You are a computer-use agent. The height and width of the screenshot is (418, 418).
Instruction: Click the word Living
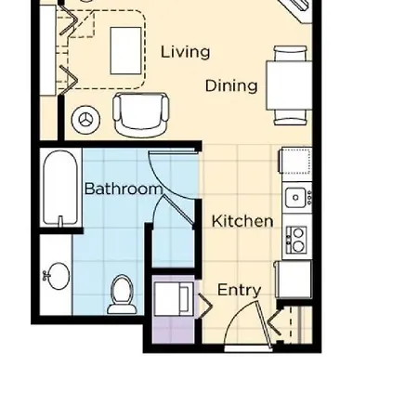[185, 52]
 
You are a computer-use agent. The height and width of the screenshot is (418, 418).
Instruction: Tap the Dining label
[231, 85]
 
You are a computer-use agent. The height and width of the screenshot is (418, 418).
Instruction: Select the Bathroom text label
[124, 189]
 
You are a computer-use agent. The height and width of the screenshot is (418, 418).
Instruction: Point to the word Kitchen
[242, 221]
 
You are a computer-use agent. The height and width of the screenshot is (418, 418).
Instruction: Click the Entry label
[239, 290]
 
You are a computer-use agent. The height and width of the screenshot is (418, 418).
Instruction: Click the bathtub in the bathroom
[60, 188]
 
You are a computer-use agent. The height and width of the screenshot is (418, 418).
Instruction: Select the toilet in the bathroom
[122, 295]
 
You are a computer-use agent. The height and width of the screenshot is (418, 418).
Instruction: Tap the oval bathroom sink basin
[58, 276]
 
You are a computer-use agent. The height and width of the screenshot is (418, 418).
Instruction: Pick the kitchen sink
[297, 197]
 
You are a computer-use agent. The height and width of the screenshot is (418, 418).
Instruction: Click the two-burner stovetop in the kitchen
[296, 240]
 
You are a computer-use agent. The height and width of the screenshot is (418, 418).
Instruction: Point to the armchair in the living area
[141, 115]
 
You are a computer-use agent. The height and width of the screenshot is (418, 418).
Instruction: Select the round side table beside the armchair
[85, 120]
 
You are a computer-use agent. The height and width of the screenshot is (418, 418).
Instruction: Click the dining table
[289, 85]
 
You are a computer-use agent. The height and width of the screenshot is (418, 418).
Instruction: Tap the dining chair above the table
[290, 53]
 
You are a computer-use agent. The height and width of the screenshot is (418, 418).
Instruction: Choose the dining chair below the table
[290, 117]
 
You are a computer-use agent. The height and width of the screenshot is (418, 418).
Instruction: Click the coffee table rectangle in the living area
[125, 51]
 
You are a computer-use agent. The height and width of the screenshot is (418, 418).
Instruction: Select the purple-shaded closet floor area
[173, 330]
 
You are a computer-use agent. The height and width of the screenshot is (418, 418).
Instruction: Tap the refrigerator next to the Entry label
[294, 280]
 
